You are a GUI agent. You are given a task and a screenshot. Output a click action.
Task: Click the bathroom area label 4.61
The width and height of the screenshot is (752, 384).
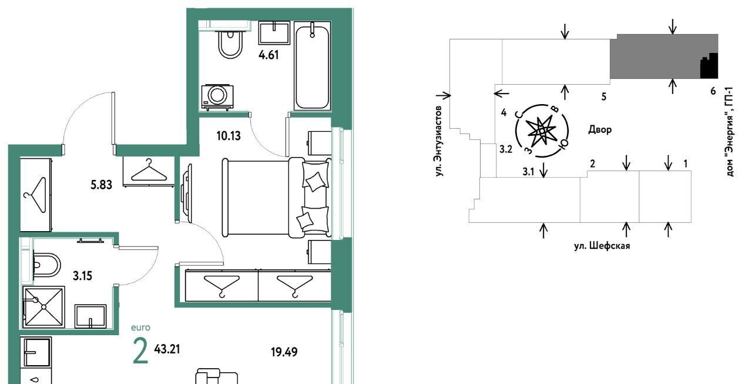(x=268, y=55)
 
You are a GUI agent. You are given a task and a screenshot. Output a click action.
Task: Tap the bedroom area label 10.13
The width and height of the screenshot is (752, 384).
(x=229, y=136)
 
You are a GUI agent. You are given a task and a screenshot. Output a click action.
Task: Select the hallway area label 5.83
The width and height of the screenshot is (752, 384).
(x=102, y=185)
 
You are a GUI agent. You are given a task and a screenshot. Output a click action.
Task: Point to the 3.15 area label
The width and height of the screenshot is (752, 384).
(x=83, y=276)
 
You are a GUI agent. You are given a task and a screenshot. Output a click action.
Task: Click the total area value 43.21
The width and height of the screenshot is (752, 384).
(x=167, y=349)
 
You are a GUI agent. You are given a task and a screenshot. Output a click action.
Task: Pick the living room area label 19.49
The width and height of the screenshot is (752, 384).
(x=284, y=352)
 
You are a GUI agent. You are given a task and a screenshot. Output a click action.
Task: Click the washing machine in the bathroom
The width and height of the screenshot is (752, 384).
(x=217, y=98)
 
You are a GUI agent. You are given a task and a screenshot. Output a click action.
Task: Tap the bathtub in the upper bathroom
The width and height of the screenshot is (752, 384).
(x=312, y=66)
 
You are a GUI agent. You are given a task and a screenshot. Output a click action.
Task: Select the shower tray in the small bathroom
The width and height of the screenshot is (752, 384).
(x=43, y=307)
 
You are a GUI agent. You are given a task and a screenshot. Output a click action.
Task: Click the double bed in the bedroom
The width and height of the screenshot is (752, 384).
(x=277, y=198)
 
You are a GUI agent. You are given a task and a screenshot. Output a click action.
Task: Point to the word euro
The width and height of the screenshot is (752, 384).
(x=140, y=328)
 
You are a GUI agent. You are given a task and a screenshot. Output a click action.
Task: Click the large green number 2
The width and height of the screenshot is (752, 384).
(x=140, y=351)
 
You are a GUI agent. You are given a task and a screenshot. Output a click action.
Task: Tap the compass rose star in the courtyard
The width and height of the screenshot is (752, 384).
(x=542, y=131)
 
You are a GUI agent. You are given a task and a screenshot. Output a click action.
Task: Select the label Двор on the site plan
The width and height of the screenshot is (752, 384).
(x=600, y=129)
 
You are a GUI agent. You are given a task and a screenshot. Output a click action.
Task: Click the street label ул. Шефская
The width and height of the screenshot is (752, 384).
(x=602, y=246)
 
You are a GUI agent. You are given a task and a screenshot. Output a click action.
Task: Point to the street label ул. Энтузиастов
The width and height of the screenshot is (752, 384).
(x=439, y=141)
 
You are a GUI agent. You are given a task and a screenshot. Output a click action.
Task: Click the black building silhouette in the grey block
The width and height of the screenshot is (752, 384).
(x=709, y=66)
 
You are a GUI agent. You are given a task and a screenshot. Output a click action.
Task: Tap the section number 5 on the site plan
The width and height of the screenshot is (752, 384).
(x=604, y=97)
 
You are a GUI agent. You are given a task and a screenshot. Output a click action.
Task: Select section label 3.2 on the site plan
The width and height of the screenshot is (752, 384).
(x=506, y=149)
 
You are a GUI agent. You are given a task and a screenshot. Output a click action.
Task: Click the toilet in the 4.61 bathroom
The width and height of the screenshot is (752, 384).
(x=230, y=44)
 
